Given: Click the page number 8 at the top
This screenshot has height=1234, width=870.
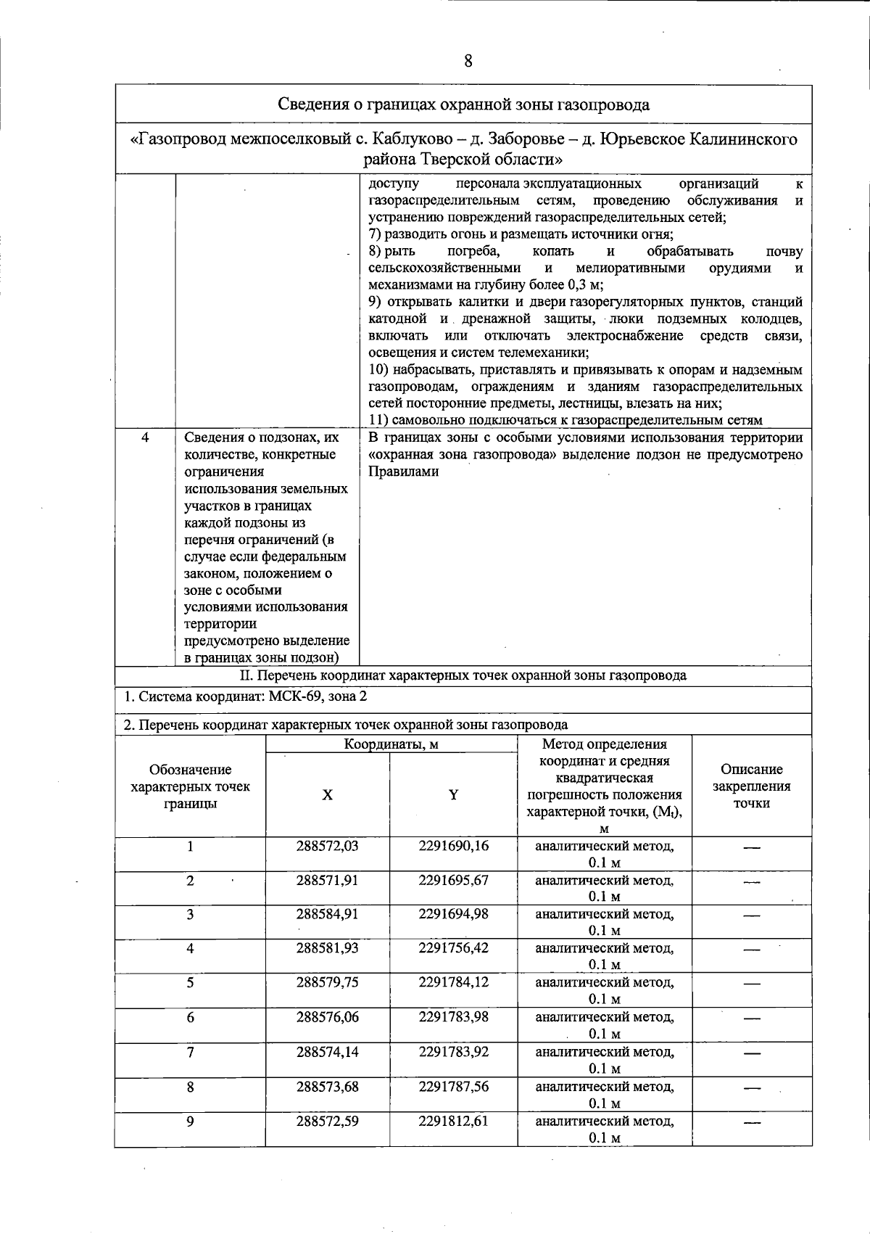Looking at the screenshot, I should click(468, 61).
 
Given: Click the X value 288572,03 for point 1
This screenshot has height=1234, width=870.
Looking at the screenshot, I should click(327, 846).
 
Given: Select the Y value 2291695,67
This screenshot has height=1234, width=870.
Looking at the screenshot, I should click(453, 880).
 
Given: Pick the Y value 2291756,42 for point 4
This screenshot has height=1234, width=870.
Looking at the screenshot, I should click(453, 948).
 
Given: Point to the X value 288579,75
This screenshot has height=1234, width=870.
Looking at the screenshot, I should click(327, 982).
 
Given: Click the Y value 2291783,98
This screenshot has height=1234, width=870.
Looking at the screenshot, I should click(453, 1017).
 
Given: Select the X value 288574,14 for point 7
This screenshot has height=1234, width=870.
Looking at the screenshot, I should click(327, 1052).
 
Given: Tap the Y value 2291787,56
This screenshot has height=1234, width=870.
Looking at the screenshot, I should click(453, 1087).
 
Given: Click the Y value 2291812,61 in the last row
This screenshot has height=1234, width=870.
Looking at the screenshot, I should click(453, 1121).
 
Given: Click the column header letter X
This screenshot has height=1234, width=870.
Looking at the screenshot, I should click(328, 795).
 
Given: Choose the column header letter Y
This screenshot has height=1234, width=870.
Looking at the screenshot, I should click(453, 795).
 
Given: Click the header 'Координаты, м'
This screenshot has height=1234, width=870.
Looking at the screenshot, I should click(391, 744).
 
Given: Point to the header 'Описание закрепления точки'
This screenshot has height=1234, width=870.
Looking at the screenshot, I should click(751, 786).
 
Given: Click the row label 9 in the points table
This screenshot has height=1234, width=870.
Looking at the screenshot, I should click(190, 1122).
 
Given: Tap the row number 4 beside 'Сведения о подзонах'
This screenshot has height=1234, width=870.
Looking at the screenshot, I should click(145, 437).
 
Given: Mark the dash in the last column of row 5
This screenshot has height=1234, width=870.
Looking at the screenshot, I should click(751, 984).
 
